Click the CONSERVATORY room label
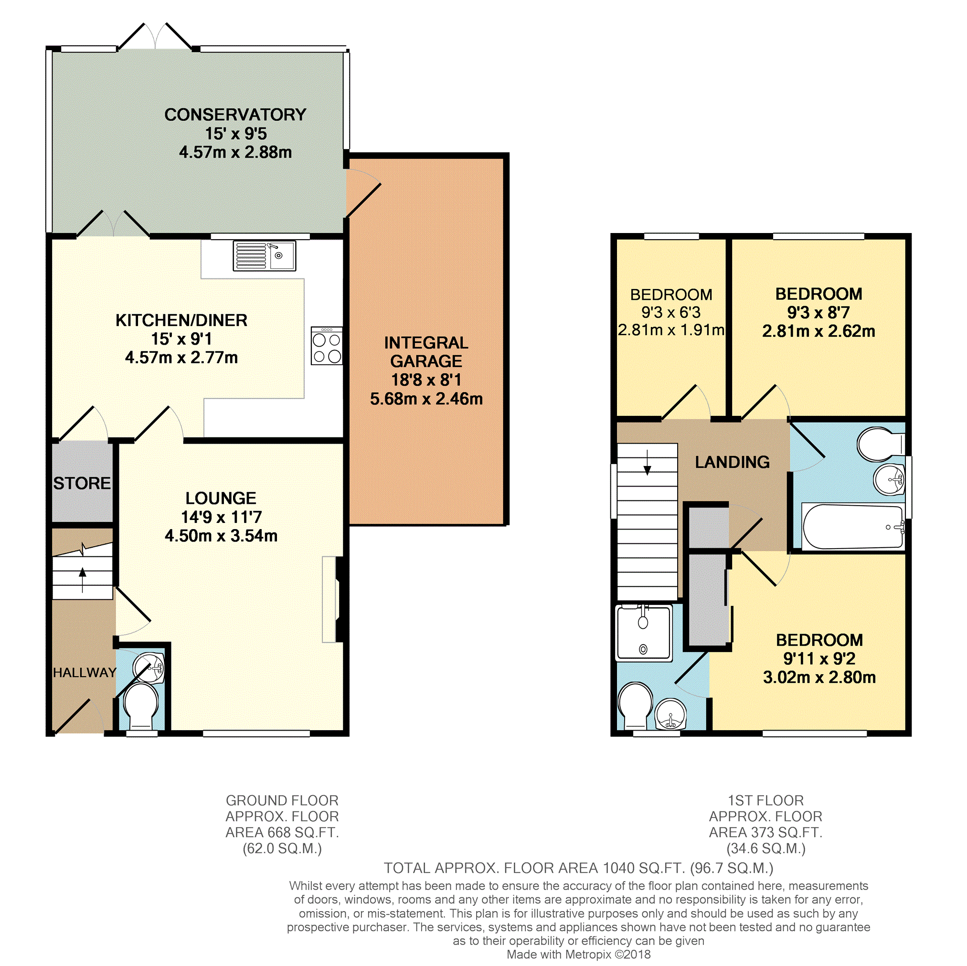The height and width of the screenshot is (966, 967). [235, 115]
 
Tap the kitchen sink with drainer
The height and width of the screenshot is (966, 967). [264, 256]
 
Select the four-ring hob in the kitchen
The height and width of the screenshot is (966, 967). [327, 345]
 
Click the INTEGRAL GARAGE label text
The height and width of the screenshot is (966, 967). [426, 352]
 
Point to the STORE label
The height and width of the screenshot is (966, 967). [82, 483]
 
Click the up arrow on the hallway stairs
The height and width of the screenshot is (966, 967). [83, 580]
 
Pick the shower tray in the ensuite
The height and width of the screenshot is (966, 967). [644, 633]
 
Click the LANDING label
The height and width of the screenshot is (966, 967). [732, 462]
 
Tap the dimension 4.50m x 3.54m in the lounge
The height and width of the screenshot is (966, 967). [221, 536]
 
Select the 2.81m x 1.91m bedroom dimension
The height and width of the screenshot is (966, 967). [671, 330]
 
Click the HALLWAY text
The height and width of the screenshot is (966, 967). [85, 673]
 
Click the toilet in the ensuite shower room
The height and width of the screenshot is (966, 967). [636, 706]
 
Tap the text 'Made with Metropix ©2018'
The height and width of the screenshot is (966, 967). [579, 955]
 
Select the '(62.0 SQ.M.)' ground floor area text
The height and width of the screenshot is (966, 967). [282, 849]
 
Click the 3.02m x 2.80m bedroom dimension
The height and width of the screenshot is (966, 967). [819, 678]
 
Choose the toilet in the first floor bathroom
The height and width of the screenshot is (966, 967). [881, 444]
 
